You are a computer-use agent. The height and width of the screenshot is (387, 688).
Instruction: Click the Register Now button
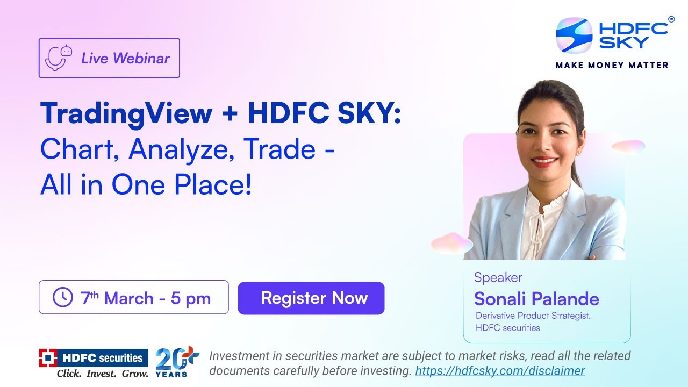(311, 298)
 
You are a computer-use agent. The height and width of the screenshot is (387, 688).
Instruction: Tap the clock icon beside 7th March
(63, 297)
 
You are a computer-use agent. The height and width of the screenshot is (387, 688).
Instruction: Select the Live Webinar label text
(125, 58)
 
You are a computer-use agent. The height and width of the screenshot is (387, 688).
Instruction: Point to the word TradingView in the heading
(126, 114)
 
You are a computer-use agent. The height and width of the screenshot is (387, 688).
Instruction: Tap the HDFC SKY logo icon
(574, 36)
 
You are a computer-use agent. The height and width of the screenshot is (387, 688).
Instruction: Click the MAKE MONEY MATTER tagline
(612, 65)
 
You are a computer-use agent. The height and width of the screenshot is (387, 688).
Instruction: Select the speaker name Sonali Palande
(536, 299)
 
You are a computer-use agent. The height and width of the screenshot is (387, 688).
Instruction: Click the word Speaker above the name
(498, 278)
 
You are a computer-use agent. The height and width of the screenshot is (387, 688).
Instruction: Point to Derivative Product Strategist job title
(533, 316)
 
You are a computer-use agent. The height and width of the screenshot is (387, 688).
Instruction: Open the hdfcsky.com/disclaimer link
(500, 371)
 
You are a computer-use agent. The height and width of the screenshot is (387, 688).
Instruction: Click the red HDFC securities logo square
(48, 357)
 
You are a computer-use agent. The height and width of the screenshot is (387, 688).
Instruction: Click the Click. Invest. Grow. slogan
(102, 373)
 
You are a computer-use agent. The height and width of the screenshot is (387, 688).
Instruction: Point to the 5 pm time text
(191, 298)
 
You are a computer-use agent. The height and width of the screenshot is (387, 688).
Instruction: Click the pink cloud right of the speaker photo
(628, 146)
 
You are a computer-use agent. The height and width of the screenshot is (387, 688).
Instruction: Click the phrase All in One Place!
(146, 185)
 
